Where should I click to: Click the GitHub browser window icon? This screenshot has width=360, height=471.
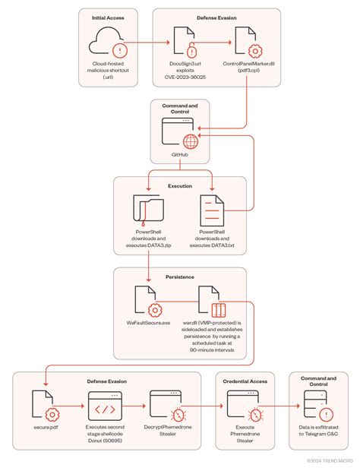pos(180,135)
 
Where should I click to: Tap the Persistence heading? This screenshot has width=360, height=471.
pos(180,277)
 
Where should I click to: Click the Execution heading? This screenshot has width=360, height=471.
pos(180,185)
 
